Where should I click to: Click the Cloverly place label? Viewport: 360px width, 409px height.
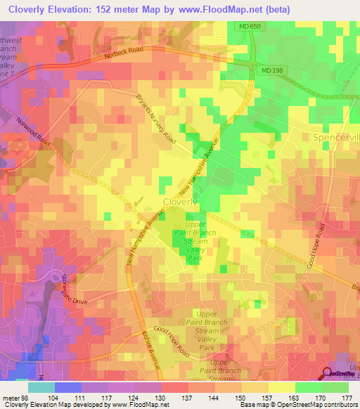tap(181, 202)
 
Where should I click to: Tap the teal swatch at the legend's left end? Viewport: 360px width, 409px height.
tap(41, 387)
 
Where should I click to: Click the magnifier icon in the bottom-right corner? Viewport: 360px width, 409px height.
tap(328, 375)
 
